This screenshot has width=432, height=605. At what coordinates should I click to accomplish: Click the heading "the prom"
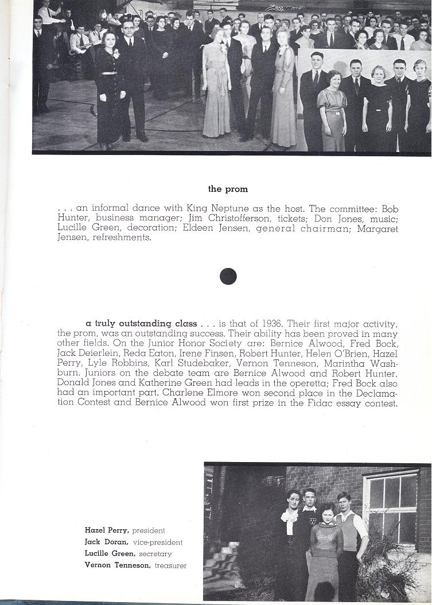228,188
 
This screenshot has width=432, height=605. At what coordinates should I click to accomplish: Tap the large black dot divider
228,276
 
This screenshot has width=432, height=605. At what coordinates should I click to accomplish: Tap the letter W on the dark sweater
312,522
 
